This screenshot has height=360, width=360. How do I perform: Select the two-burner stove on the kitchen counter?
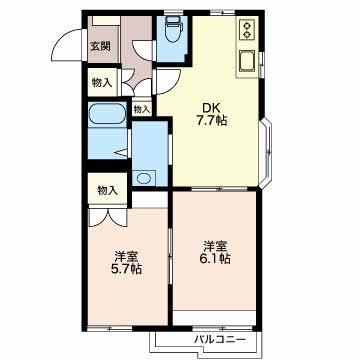tap(247, 29)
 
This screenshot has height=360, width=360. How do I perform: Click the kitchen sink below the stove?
tap(246, 61)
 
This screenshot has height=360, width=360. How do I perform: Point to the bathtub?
tap(107, 113)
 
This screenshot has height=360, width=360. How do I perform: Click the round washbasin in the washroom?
tap(144, 178)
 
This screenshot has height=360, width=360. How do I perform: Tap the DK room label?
tap(210, 108)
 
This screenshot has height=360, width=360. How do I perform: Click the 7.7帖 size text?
tap(211, 120)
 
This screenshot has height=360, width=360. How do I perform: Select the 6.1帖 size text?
tap(215, 258)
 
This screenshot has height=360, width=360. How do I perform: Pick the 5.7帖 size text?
tap(126, 268)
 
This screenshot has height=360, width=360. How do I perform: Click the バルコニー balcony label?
tap(220, 340)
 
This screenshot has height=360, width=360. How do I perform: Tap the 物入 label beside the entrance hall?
tap(102, 83)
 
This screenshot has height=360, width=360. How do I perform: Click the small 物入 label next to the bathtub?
tap(142, 109)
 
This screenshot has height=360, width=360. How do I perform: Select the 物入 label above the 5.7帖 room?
tap(107, 191)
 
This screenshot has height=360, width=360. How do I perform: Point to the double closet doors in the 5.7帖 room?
tap(108, 217)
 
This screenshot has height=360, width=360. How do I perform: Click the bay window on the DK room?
tap(266, 152)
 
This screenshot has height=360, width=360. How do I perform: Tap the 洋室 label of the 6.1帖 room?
tap(215, 246)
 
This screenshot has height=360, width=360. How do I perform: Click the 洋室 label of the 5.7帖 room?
tap(126, 257)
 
